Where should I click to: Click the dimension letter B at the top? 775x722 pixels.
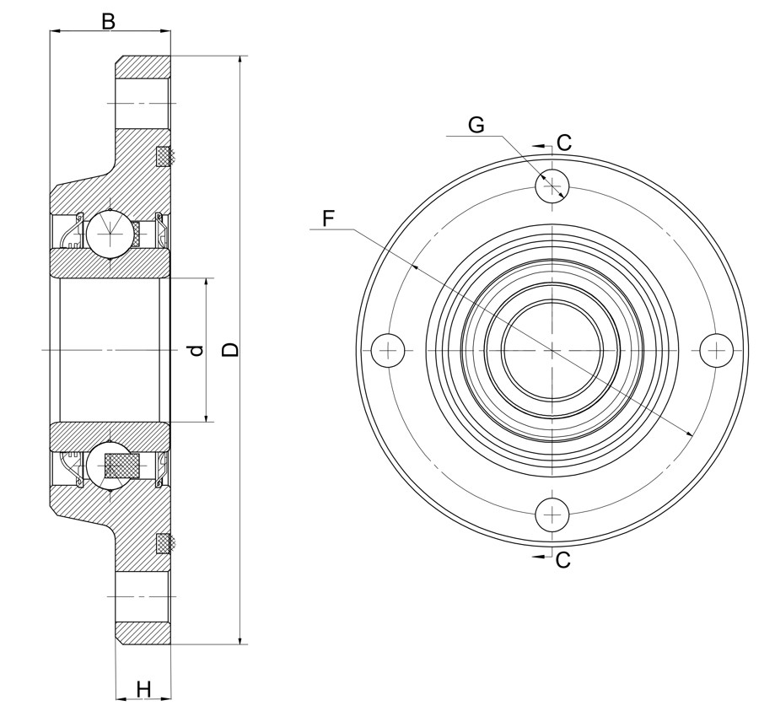(108, 21)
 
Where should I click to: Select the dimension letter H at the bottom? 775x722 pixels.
(143, 689)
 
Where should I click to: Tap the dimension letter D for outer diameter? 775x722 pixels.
(230, 349)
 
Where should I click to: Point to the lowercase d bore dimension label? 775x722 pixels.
(196, 349)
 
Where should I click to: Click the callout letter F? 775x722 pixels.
(328, 218)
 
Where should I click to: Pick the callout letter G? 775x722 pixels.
(476, 125)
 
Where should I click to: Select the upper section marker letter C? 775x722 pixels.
(564, 143)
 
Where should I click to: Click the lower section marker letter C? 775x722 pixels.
(562, 559)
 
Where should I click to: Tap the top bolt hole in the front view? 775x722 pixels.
(552, 185)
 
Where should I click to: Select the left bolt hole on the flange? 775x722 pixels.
(388, 349)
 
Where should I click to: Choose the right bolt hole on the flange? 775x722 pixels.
(717, 349)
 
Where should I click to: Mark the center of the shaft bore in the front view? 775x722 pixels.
(552, 349)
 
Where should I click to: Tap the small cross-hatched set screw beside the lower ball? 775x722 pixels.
(122, 466)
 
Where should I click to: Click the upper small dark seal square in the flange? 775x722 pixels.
(164, 156)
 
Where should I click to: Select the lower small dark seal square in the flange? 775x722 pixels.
(164, 543)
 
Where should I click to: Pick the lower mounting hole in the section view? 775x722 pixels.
(143, 595)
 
